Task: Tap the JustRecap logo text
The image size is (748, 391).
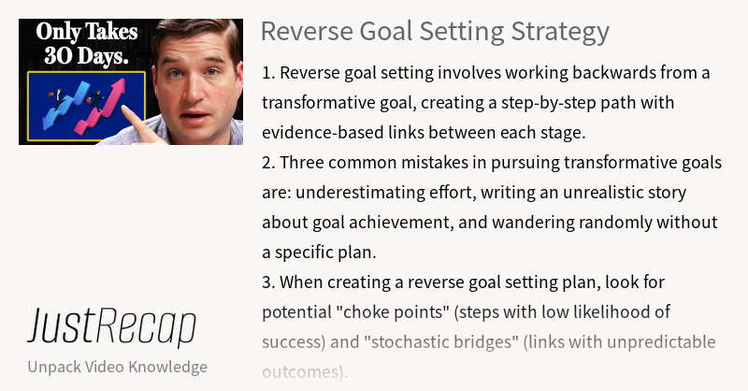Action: (111, 326)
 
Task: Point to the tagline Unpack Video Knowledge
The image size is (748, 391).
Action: (117, 366)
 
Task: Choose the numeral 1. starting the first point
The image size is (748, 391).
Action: (268, 72)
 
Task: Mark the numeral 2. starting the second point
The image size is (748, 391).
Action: (269, 162)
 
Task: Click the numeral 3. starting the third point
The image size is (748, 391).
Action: (269, 282)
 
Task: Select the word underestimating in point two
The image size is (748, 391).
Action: (348, 192)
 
